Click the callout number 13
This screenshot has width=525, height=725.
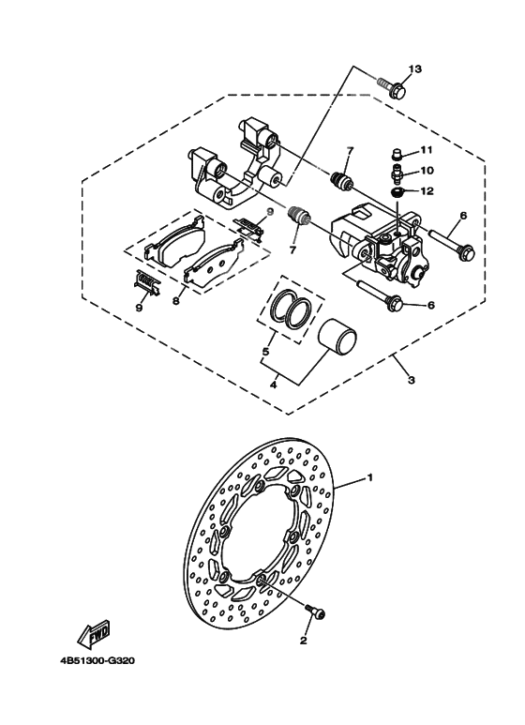tap(415, 69)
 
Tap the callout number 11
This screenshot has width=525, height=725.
tap(425, 150)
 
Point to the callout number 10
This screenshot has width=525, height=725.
tap(425, 171)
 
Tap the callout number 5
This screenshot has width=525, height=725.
tap(266, 353)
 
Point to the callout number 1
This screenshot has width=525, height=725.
tap(370, 477)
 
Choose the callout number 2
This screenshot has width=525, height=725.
tap(303, 642)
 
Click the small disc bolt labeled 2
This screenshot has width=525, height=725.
tap(315, 612)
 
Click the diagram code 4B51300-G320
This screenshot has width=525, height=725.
tap(97, 659)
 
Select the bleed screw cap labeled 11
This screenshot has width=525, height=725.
tap(396, 154)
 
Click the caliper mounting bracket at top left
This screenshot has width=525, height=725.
tap(234, 164)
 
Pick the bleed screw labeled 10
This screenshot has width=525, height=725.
tap(397, 173)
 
